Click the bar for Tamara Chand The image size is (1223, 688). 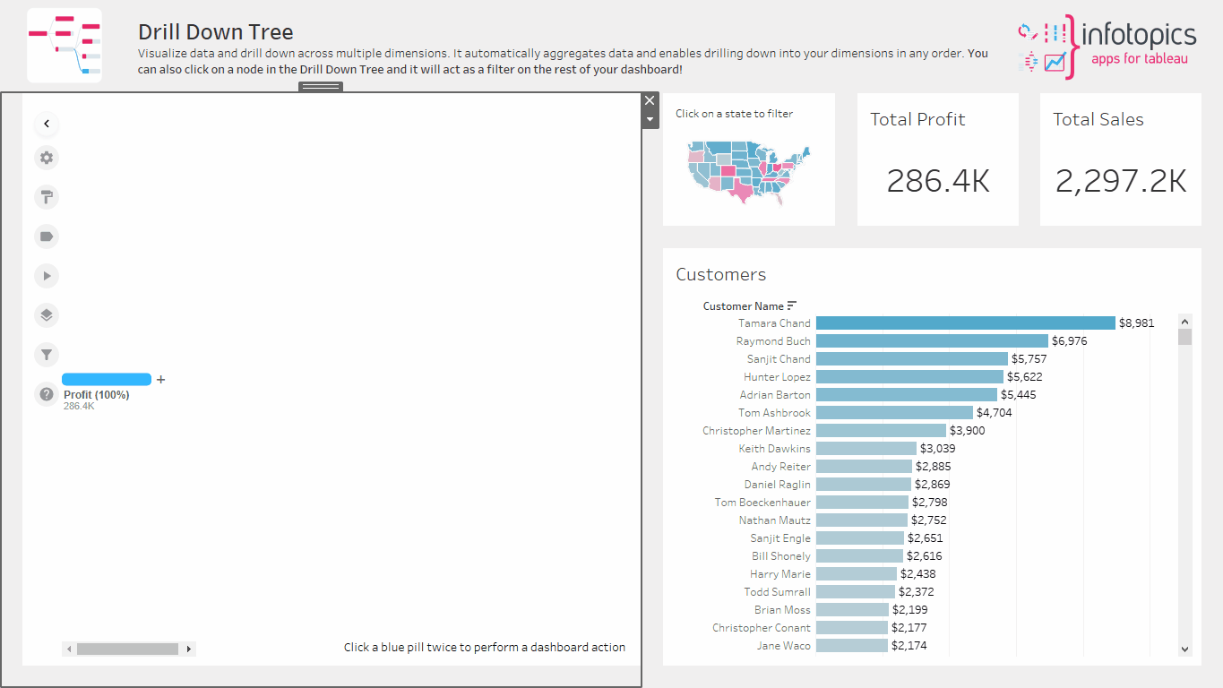pyautogui.click(x=965, y=323)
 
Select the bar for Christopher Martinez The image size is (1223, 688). pyautogui.click(x=881, y=431)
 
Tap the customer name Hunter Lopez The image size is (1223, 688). pyautogui.click(x=777, y=377)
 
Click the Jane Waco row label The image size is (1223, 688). pyautogui.click(x=784, y=646)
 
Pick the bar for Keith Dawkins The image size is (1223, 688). pyautogui.click(x=866, y=449)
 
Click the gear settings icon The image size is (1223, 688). pyautogui.click(x=47, y=158)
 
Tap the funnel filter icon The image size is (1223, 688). pyautogui.click(x=47, y=355)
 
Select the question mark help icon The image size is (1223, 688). pyautogui.click(x=47, y=394)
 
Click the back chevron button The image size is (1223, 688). pyautogui.click(x=47, y=124)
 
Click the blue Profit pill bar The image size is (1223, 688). pyautogui.click(x=107, y=380)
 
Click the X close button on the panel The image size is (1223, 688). pyautogui.click(x=650, y=100)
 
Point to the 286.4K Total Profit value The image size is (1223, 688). pyautogui.click(x=938, y=181)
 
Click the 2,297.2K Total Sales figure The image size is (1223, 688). pyautogui.click(x=1121, y=181)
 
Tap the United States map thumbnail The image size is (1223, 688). pyautogui.click(x=748, y=171)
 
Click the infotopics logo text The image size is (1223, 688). pyautogui.click(x=1139, y=35)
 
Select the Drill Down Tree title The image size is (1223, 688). pyautogui.click(x=215, y=32)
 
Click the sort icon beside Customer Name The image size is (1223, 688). pyautogui.click(x=792, y=305)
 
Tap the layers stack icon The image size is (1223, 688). pyautogui.click(x=47, y=315)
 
